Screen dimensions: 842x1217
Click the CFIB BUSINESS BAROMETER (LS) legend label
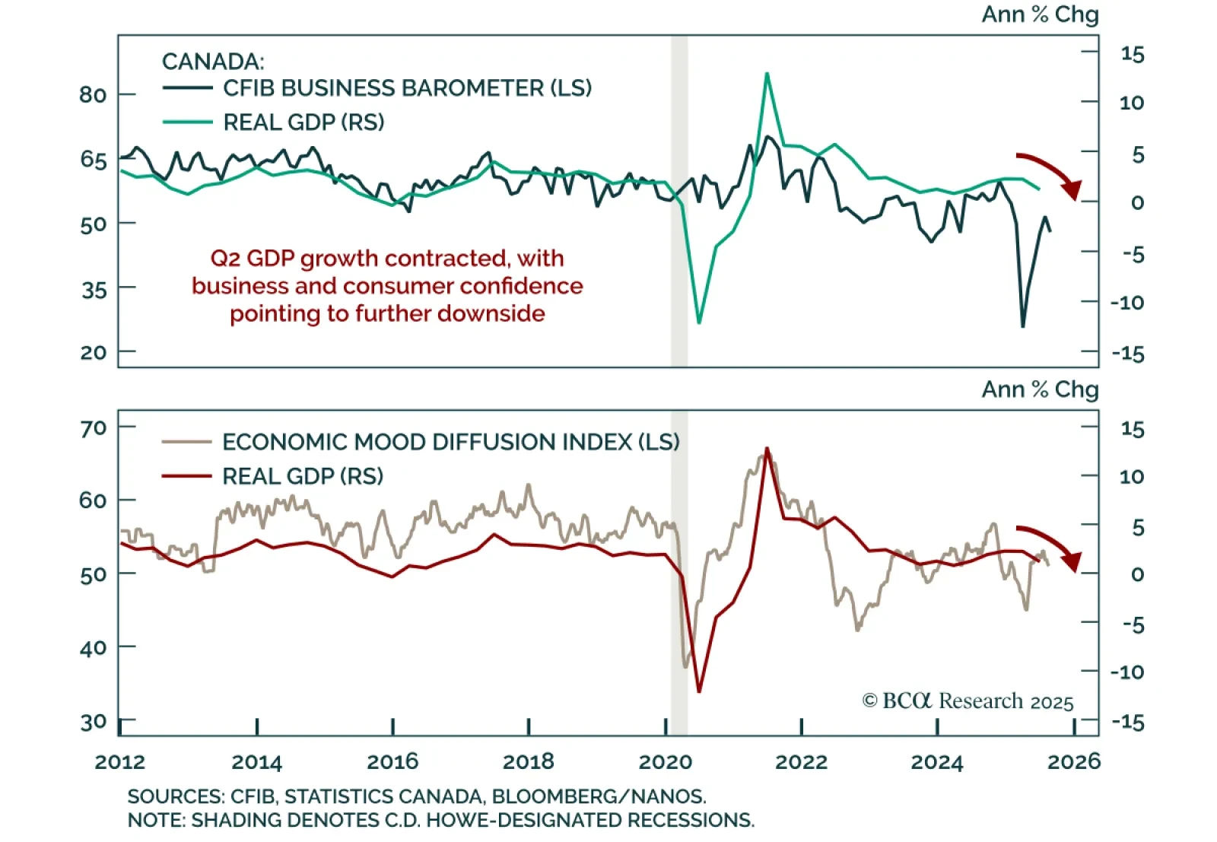pyautogui.click(x=407, y=88)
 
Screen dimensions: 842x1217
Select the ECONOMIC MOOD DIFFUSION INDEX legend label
pyautogui.click(x=450, y=442)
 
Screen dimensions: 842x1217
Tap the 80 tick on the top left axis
pyautogui.click(x=93, y=95)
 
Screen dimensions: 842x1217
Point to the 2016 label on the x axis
pyautogui.click(x=392, y=761)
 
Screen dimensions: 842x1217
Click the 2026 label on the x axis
pyautogui.click(x=1073, y=761)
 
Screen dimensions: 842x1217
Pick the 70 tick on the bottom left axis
pyautogui.click(x=93, y=429)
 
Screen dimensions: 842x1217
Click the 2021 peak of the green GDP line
pyautogui.click(x=767, y=74)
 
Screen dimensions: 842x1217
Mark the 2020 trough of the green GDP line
pyautogui.click(x=699, y=323)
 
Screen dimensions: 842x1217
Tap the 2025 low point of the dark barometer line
pyautogui.click(x=1023, y=326)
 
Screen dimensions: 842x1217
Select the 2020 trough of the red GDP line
pyautogui.click(x=699, y=691)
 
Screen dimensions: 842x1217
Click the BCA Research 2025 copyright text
pyautogui.click(x=968, y=701)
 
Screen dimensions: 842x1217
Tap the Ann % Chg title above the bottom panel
pyautogui.click(x=1040, y=389)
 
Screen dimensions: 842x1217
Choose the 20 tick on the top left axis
pyautogui.click(x=93, y=352)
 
